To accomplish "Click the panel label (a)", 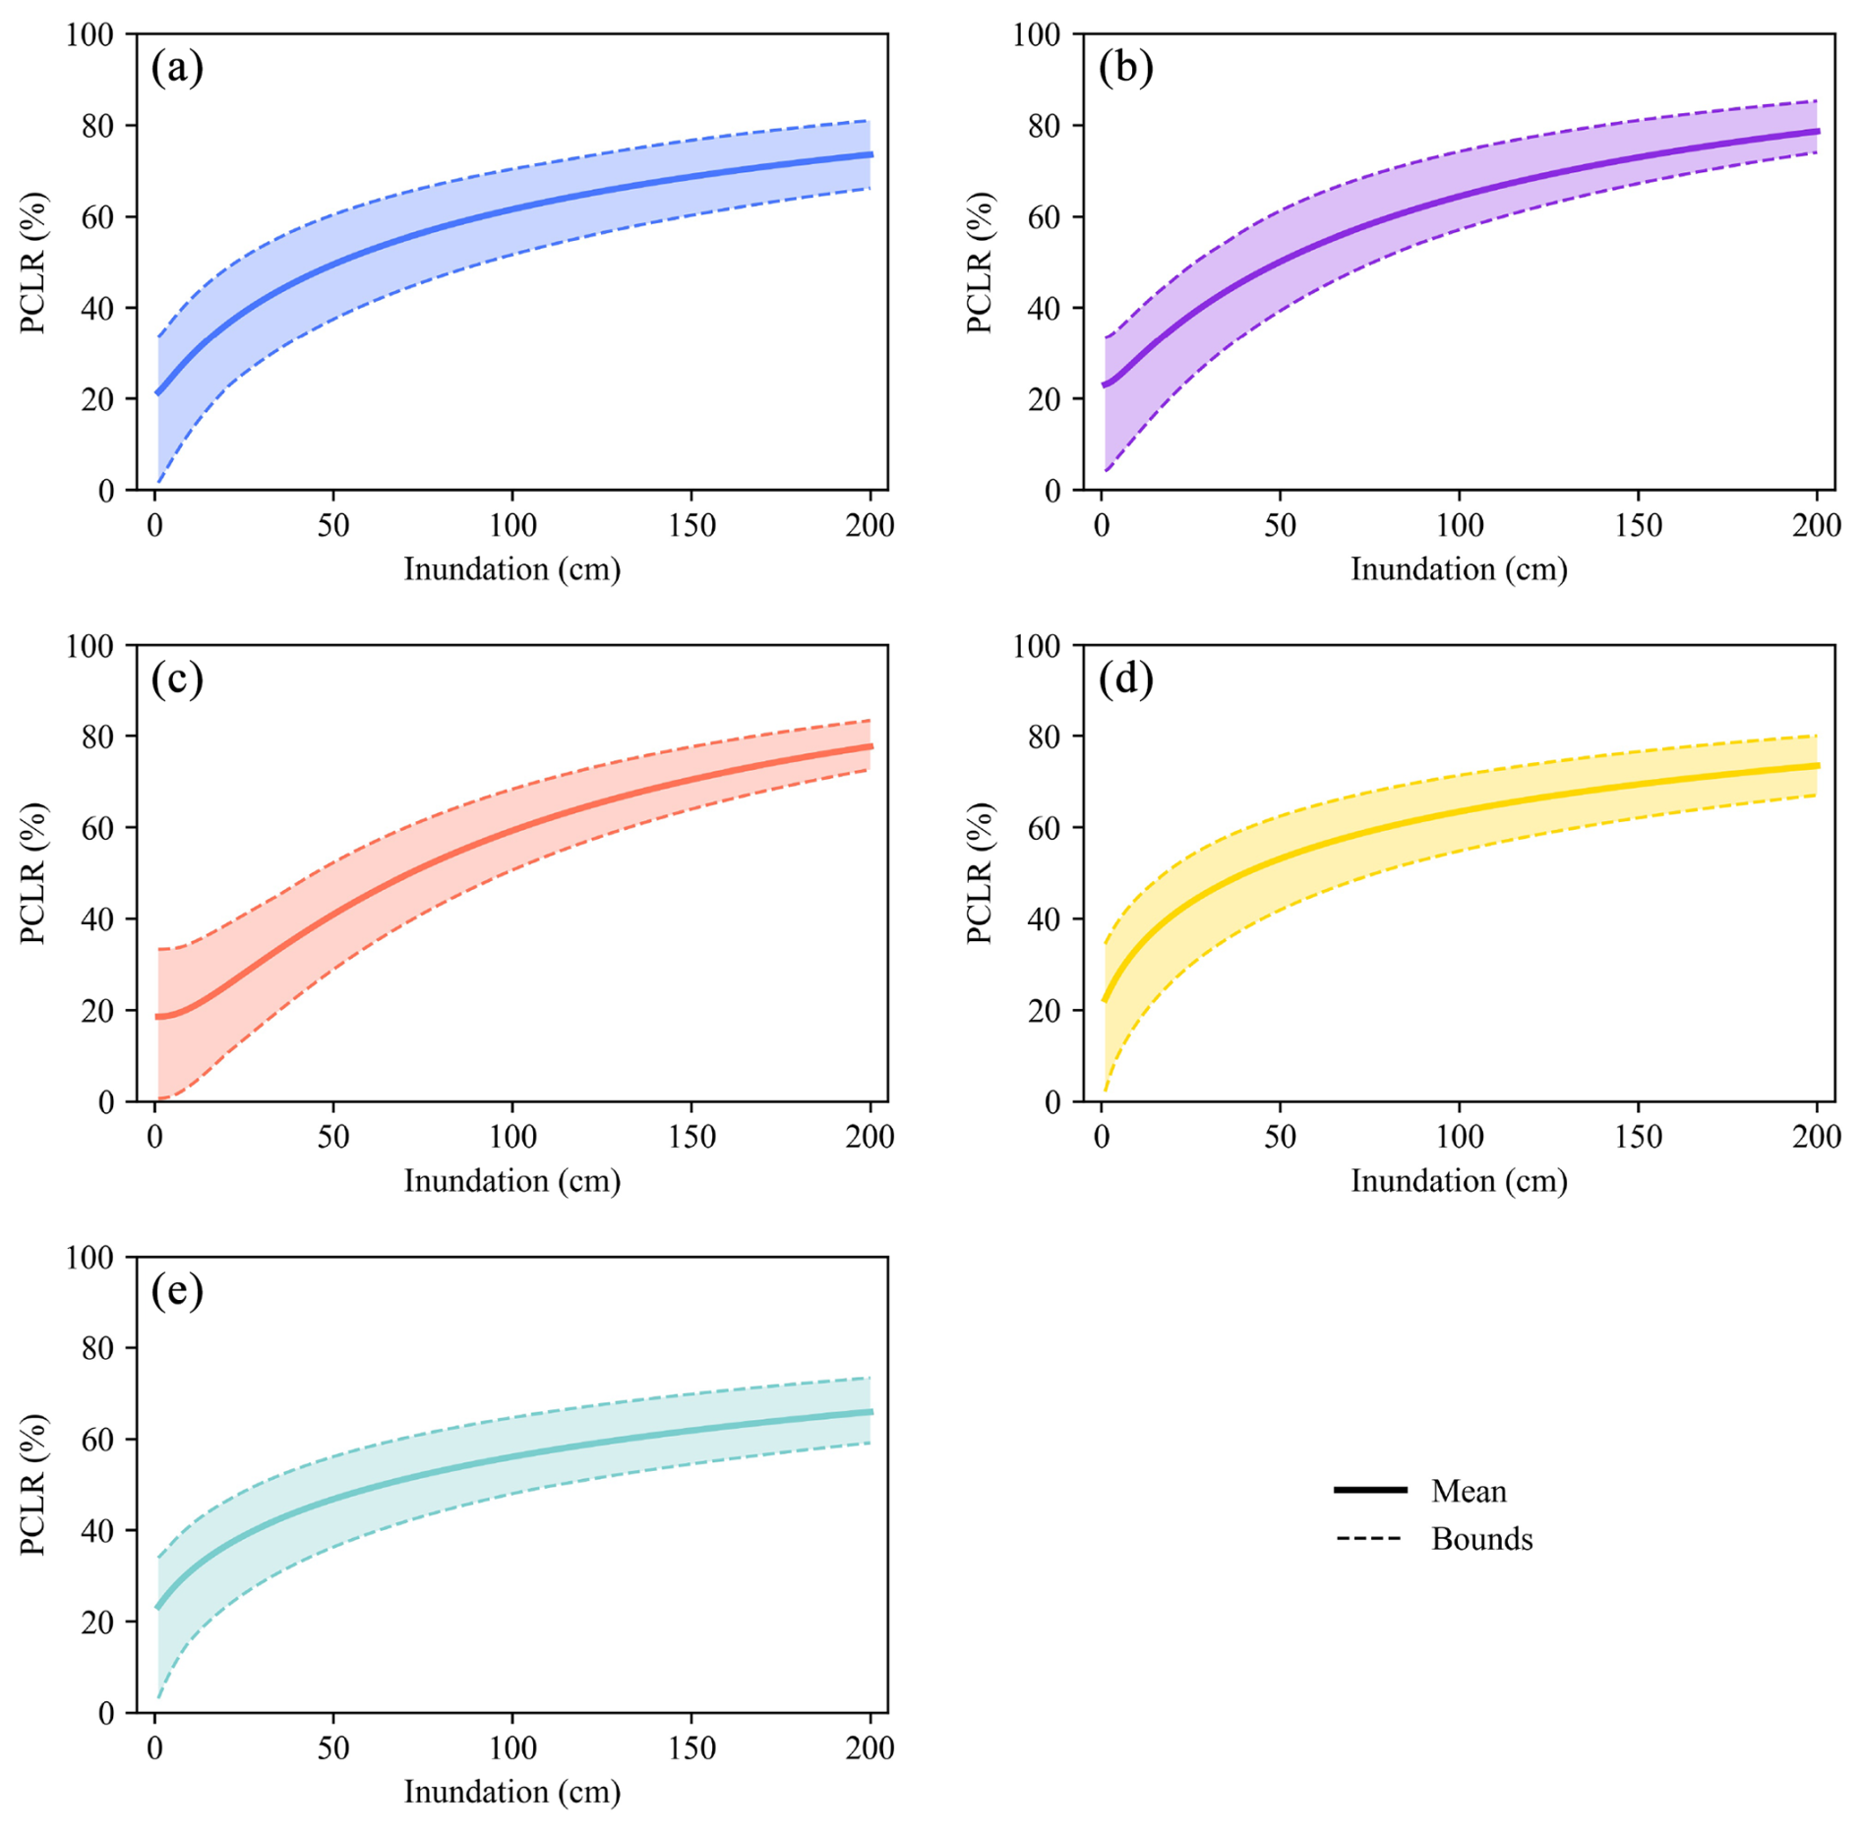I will tap(177, 68).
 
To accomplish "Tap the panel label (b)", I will tap(1125, 68).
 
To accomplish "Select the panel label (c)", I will tap(177, 679).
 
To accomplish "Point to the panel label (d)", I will tap(1125, 679).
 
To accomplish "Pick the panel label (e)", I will tap(177, 1290).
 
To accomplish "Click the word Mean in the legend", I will tap(1468, 1491).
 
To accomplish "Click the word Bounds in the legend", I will tap(1481, 1538).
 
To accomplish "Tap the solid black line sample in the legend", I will tap(1370, 1490).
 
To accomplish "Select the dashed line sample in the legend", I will tap(1370, 1538).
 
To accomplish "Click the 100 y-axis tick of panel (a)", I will tap(90, 34).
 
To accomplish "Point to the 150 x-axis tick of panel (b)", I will tap(1638, 525).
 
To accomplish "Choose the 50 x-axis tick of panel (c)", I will tap(333, 1137).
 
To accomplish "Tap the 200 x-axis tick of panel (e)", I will tap(870, 1748).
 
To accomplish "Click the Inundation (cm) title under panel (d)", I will tap(1459, 1181).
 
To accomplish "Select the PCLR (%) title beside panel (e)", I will tap(33, 1485).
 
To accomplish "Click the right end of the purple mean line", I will tap(1817, 131).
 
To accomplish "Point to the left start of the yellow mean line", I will tap(1105, 1000).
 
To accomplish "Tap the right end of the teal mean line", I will tap(870, 1412).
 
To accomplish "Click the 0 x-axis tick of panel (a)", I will tap(154, 525).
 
